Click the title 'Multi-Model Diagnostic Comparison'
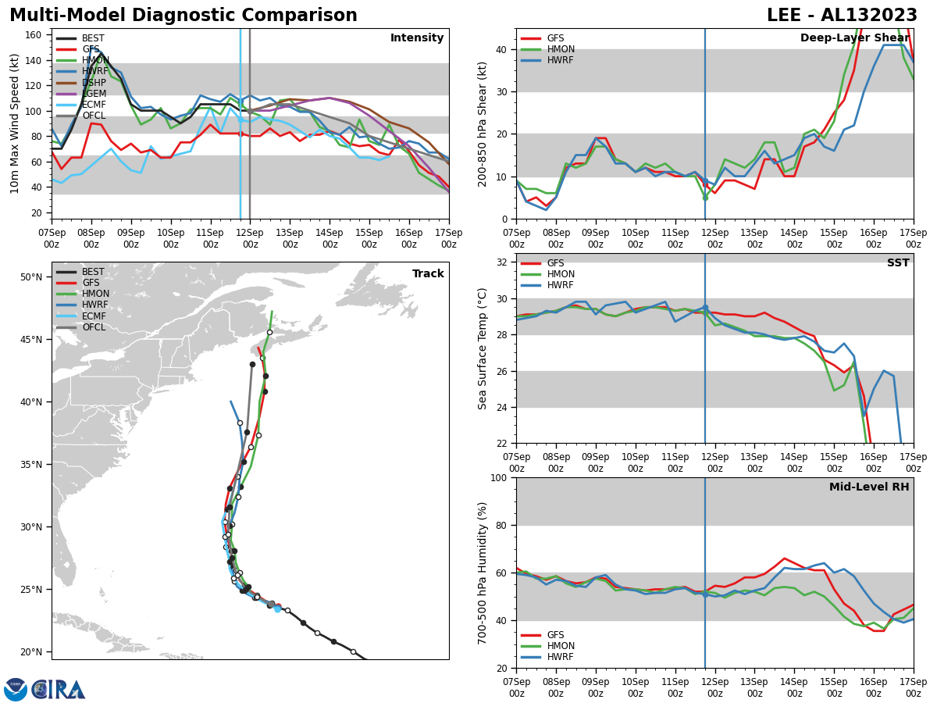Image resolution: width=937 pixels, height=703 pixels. pyautogui.click(x=183, y=16)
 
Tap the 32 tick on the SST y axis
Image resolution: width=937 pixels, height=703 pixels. pyautogui.click(x=503, y=262)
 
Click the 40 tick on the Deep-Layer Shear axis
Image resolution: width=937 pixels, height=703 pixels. pyautogui.click(x=503, y=49)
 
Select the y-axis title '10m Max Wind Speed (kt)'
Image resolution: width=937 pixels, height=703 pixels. pyautogui.click(x=15, y=123)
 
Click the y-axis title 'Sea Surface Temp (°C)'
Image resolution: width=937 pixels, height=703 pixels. pyautogui.click(x=483, y=348)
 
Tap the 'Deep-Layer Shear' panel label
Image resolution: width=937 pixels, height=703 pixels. pyautogui.click(x=854, y=38)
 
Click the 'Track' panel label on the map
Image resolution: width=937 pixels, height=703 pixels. pyautogui.click(x=428, y=274)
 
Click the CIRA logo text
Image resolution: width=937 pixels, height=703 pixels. pyautogui.click(x=58, y=690)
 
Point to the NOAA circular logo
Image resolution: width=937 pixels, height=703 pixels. pyautogui.click(x=16, y=690)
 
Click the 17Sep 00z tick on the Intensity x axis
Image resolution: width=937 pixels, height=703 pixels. pyautogui.click(x=448, y=237)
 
